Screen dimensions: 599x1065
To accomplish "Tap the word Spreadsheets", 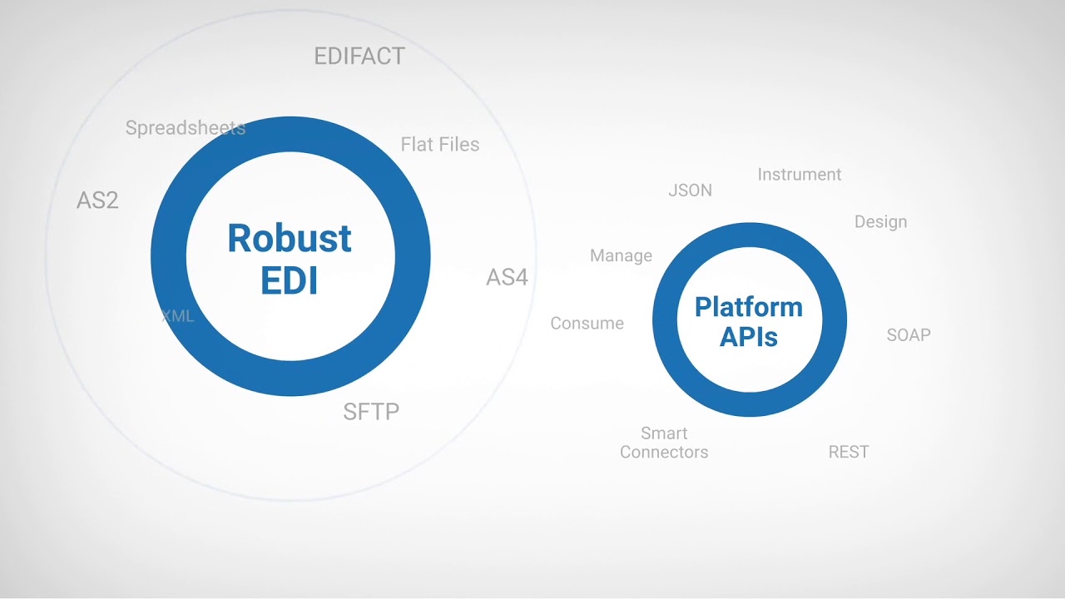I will [x=186, y=128].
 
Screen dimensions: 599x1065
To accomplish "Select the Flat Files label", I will [x=440, y=145].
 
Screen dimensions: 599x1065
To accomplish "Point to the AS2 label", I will [x=97, y=200].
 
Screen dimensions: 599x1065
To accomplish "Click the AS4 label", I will [x=507, y=277].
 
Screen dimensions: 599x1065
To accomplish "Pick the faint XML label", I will [x=177, y=316].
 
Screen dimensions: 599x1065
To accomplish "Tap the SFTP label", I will [x=371, y=412].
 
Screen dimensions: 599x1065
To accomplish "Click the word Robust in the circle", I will [x=290, y=239].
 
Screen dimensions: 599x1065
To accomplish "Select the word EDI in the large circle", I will [x=290, y=281].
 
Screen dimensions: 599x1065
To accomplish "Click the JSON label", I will [x=690, y=191].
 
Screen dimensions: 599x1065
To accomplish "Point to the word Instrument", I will [x=800, y=175].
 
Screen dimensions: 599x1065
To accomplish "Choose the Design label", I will [x=880, y=222].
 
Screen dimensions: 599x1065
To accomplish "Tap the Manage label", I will [x=621, y=256].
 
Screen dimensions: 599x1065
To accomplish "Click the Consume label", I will [x=587, y=324].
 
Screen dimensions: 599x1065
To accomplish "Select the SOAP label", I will [x=909, y=335].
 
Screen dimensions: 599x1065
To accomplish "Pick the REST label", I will [x=849, y=453].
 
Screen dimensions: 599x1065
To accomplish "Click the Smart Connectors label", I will [x=664, y=443].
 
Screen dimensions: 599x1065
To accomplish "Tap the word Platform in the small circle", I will [x=749, y=307].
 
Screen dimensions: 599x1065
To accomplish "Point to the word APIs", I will [x=749, y=337].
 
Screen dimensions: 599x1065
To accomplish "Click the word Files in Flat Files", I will [x=458, y=145].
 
